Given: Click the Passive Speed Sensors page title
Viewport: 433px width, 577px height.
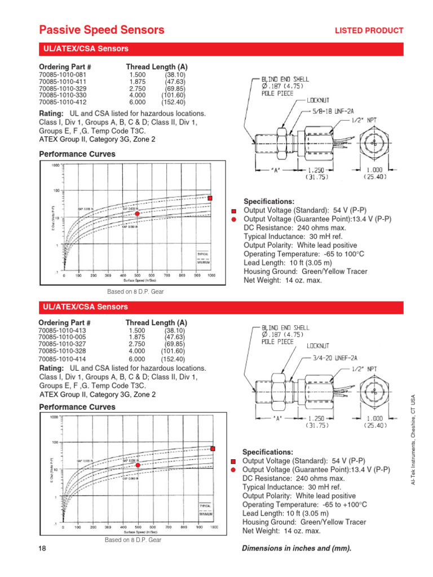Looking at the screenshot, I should [101, 30].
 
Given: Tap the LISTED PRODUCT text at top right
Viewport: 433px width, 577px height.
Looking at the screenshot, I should [369, 30].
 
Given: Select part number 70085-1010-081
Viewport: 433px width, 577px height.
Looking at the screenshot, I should [63, 75].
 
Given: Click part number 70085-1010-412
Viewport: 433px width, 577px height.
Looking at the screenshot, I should [63, 103].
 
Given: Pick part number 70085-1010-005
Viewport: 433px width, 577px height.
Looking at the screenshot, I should [63, 337].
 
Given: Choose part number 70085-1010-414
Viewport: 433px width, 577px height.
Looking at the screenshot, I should [63, 359].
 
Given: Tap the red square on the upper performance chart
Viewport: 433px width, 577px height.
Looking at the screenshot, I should [210, 198].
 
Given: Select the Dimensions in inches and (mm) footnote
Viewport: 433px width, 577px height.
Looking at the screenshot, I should [296, 549].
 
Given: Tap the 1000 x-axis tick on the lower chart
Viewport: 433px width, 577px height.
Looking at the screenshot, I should [214, 527].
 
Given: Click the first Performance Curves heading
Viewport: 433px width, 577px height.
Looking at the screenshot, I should [77, 154].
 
